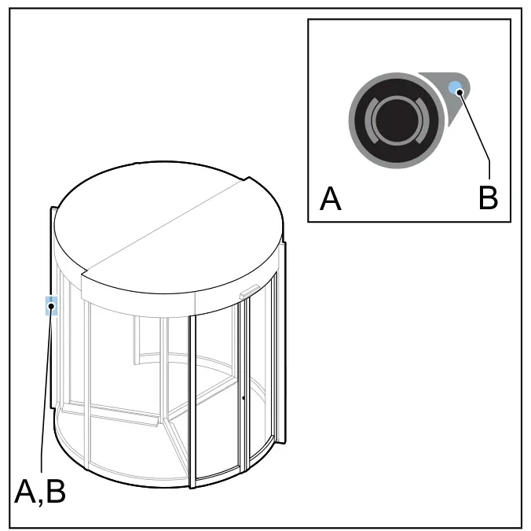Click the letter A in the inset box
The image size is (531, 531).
pos(330,198)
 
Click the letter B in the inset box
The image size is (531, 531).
pos(488,197)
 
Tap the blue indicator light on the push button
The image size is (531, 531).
pos(456,88)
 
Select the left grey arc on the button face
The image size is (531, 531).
pos(371,120)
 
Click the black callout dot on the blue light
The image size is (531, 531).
pos(460,92)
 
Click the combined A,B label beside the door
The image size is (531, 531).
pos(40,492)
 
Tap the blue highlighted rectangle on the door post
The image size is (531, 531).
pos(51,305)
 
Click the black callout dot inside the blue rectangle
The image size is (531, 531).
pos(52,306)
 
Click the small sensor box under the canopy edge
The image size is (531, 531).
pos(249,292)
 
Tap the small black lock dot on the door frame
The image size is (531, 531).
pos(244,398)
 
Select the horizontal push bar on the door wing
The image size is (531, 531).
pos(110,413)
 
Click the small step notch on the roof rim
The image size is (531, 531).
pos(247,179)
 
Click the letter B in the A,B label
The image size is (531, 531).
pos(56,492)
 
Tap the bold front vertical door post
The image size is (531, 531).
pos(192,402)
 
